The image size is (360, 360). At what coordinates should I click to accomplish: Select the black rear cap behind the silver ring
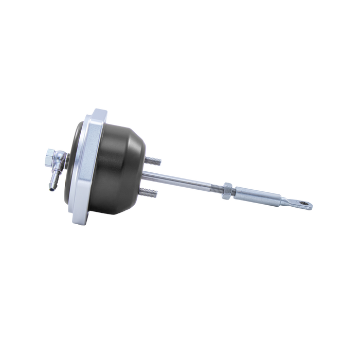(x=76, y=154)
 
